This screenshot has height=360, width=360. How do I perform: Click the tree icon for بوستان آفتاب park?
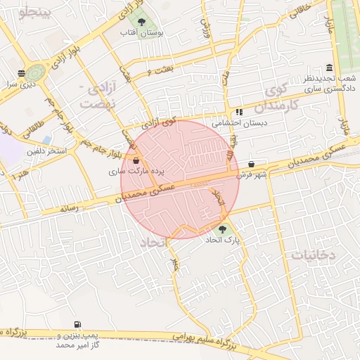tap(142, 22)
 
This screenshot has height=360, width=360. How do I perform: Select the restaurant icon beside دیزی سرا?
tap(22, 73)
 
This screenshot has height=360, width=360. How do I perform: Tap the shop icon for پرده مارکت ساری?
tap(135, 161)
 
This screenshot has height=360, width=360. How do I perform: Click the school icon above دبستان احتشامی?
tap(239, 111)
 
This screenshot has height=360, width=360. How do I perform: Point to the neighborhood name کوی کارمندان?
tap(278, 97)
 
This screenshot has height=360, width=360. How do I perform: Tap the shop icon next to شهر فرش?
tap(251, 164)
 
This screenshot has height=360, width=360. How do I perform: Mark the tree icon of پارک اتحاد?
tap(222, 229)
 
